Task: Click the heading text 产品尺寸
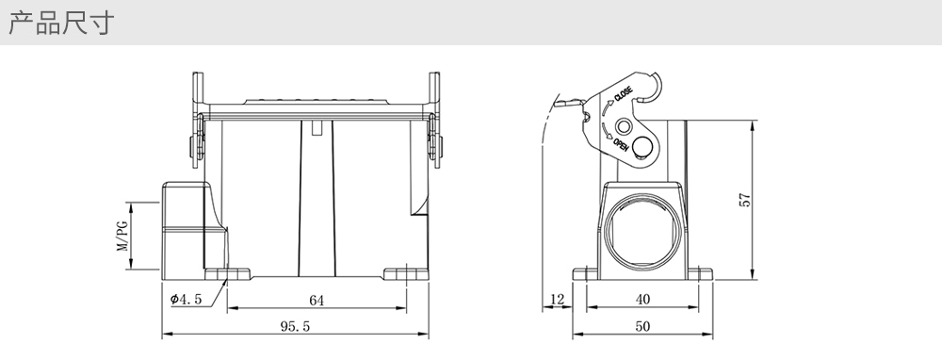(60, 24)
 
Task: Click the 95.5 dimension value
(295, 326)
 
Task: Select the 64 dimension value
(317, 301)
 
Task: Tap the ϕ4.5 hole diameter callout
(186, 299)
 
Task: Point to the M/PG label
(122, 236)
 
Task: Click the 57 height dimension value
(744, 200)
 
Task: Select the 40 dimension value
(642, 299)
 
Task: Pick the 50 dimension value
(642, 326)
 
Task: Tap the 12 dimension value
(558, 299)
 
